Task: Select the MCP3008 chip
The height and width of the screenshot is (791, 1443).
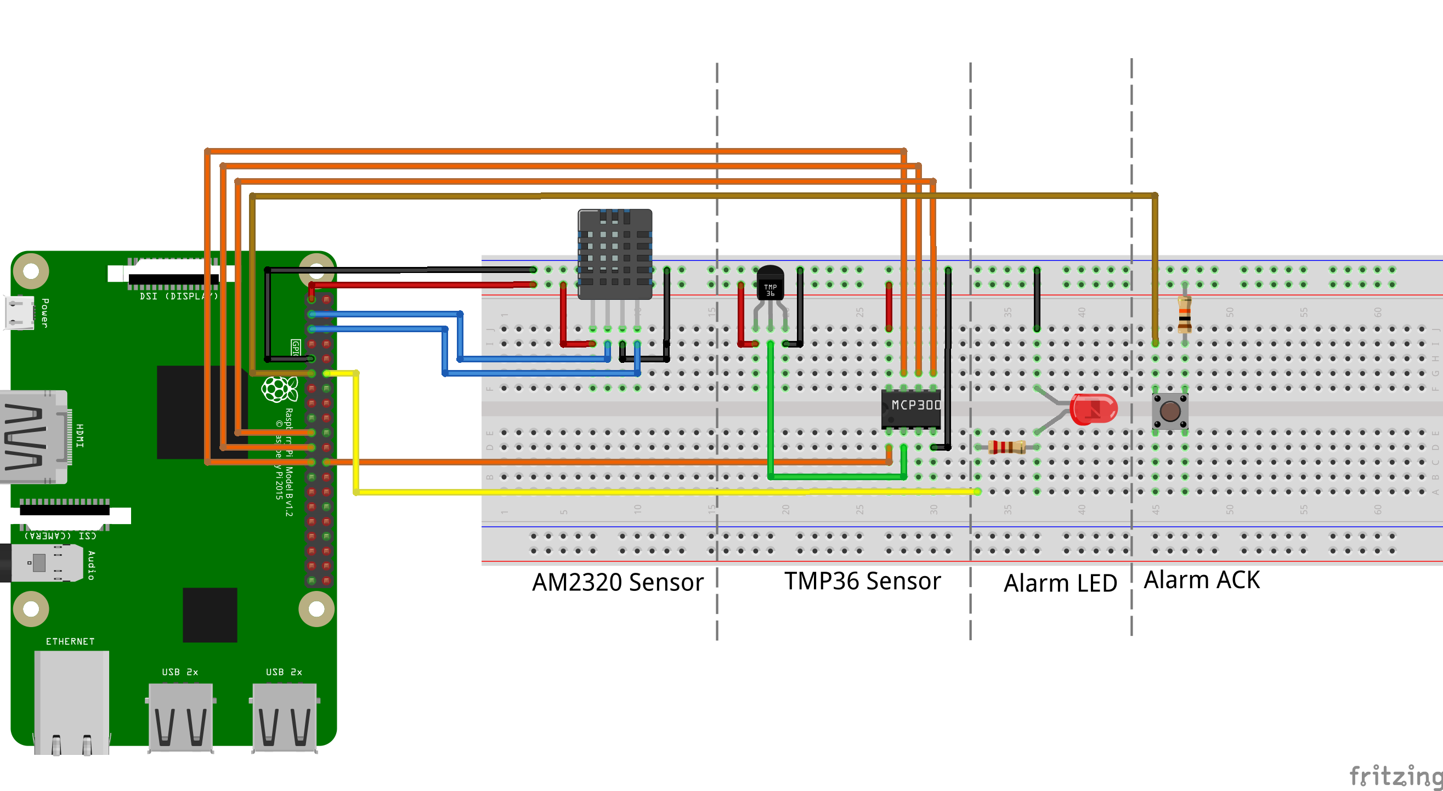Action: coord(910,408)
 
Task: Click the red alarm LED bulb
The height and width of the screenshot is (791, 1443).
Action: coord(1093,409)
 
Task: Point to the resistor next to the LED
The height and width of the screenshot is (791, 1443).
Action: coord(1006,447)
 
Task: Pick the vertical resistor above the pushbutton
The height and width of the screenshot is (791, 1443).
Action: coord(1184,314)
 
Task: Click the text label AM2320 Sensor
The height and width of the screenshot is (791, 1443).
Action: coord(618,582)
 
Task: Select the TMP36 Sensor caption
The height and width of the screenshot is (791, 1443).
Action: coord(862,581)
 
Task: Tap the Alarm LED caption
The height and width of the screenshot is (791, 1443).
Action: coord(1060,583)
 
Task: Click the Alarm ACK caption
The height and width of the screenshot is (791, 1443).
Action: coord(1202,580)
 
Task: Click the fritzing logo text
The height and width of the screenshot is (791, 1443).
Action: coord(1395,776)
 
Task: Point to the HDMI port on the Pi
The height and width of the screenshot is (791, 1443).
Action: coord(33,437)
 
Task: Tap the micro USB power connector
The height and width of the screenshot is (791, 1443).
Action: coord(20,312)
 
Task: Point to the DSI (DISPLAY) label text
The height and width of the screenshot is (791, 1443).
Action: coord(178,296)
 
